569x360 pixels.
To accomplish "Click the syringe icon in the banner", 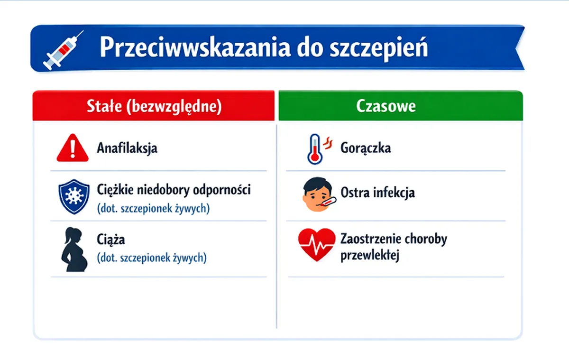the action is click(63, 50).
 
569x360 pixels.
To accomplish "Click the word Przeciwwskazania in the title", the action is click(195, 47).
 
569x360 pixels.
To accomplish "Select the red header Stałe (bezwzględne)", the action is click(154, 105).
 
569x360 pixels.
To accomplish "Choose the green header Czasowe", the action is click(401, 105).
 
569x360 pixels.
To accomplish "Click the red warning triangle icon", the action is click(73, 148).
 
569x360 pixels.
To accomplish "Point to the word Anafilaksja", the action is click(127, 148).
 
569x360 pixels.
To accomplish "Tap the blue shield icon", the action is click(74, 196).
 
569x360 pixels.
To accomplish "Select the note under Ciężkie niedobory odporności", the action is click(154, 208).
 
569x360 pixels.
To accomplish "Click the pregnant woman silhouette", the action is click(74, 249).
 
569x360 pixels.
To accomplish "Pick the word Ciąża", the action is click(111, 240).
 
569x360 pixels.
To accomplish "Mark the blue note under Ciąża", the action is click(152, 258).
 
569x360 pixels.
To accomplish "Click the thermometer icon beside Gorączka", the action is click(319, 149).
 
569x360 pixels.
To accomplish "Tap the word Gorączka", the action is click(366, 148).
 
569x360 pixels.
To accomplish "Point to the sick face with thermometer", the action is click(319, 194).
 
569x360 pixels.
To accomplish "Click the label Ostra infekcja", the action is click(378, 192).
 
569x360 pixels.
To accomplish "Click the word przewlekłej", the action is click(370, 255).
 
